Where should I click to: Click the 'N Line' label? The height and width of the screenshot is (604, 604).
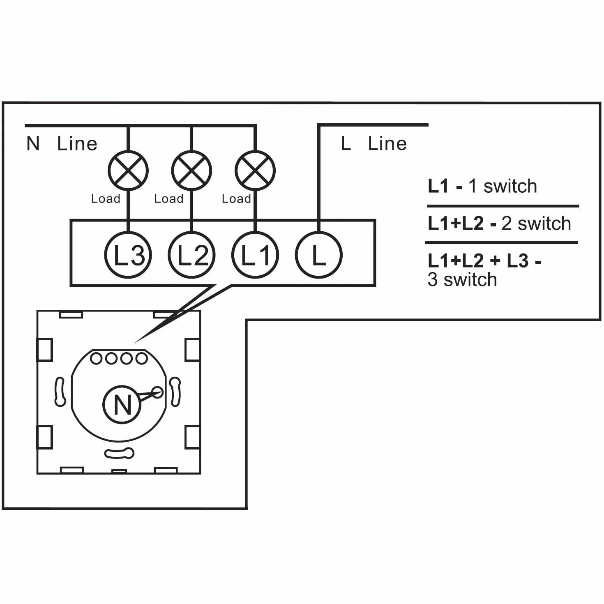pos(62,143)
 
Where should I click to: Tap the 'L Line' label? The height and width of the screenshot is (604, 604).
pos(373,143)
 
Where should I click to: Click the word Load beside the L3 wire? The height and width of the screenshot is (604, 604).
pos(106,199)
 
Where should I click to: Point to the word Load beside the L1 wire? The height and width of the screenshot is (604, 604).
pos(236,199)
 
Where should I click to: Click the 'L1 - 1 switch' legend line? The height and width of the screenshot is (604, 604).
pos(482,186)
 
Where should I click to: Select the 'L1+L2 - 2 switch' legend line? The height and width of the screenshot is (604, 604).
pos(499,224)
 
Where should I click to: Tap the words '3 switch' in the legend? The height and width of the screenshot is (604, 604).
pos(462,279)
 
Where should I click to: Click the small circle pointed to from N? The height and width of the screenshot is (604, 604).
pos(157,392)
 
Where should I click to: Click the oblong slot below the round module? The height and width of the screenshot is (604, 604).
pos(119,454)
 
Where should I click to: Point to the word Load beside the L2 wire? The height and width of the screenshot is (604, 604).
pos(168,199)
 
